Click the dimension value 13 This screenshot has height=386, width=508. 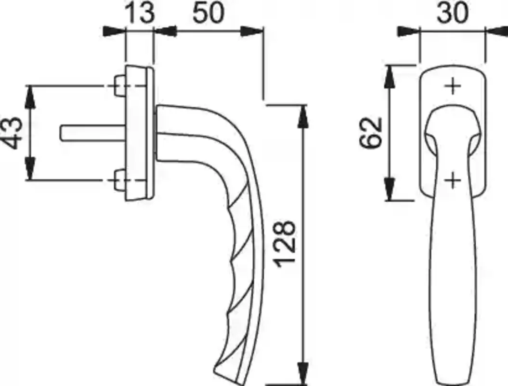[x=140, y=13]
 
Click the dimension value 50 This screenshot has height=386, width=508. [x=208, y=13]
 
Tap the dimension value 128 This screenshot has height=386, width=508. [x=285, y=245]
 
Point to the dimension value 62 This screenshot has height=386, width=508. [x=371, y=133]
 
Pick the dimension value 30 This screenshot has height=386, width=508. [x=453, y=13]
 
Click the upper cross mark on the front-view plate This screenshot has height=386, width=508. [x=453, y=86]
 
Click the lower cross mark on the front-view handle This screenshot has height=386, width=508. [x=453, y=180]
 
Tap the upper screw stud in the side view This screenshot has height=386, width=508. [x=119, y=86]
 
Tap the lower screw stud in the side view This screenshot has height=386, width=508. [x=119, y=179]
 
